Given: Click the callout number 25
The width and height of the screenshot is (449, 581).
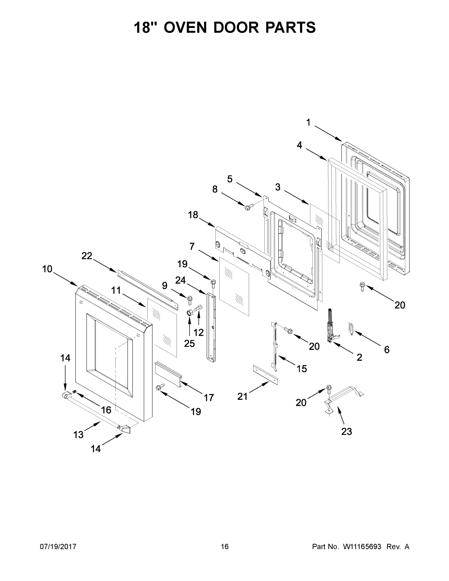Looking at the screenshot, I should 189,344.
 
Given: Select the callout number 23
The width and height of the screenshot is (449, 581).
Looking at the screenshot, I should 346,431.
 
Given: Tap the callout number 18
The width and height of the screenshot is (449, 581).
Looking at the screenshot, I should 193,215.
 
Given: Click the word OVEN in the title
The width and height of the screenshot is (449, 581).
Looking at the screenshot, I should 185,27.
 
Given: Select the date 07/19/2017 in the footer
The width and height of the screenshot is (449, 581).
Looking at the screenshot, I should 58,547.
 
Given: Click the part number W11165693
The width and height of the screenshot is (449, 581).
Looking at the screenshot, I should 362,547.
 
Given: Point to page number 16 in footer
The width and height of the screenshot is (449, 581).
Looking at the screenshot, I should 225,547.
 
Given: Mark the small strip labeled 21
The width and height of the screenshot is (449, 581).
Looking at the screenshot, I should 265,375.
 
